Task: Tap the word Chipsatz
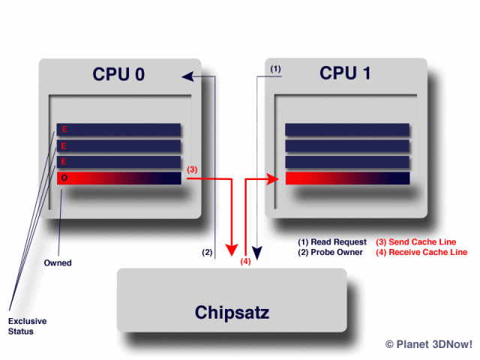click(232, 311)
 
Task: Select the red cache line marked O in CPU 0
click(120, 178)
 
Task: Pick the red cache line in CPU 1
click(347, 178)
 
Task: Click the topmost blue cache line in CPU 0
click(120, 130)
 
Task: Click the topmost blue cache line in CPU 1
click(347, 130)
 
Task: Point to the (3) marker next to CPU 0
click(192, 169)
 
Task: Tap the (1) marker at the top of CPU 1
click(275, 69)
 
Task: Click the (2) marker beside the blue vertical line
click(208, 252)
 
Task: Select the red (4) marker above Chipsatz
click(245, 262)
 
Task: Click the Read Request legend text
click(332, 242)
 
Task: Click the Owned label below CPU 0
click(58, 263)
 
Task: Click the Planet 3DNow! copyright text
click(427, 344)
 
